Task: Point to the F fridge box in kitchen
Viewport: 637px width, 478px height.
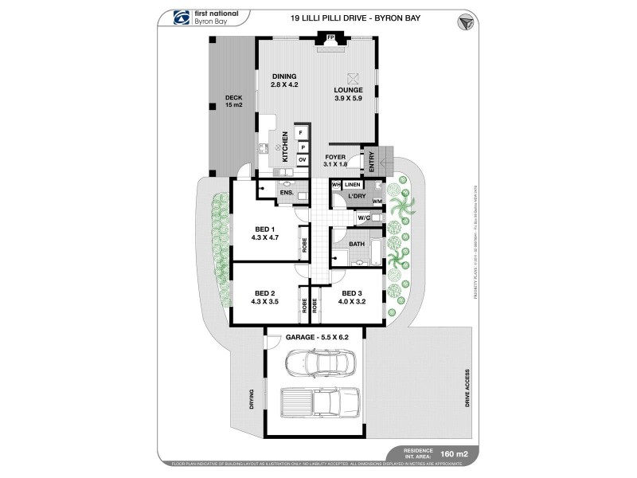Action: click(x=302, y=133)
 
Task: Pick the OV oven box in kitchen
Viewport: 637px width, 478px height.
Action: click(x=302, y=160)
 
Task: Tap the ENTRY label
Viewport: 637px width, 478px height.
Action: click(x=371, y=159)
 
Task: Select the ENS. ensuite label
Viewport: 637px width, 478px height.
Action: click(x=286, y=192)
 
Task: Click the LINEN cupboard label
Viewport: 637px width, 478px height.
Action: click(x=353, y=185)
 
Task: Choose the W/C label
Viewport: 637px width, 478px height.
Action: click(x=362, y=217)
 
